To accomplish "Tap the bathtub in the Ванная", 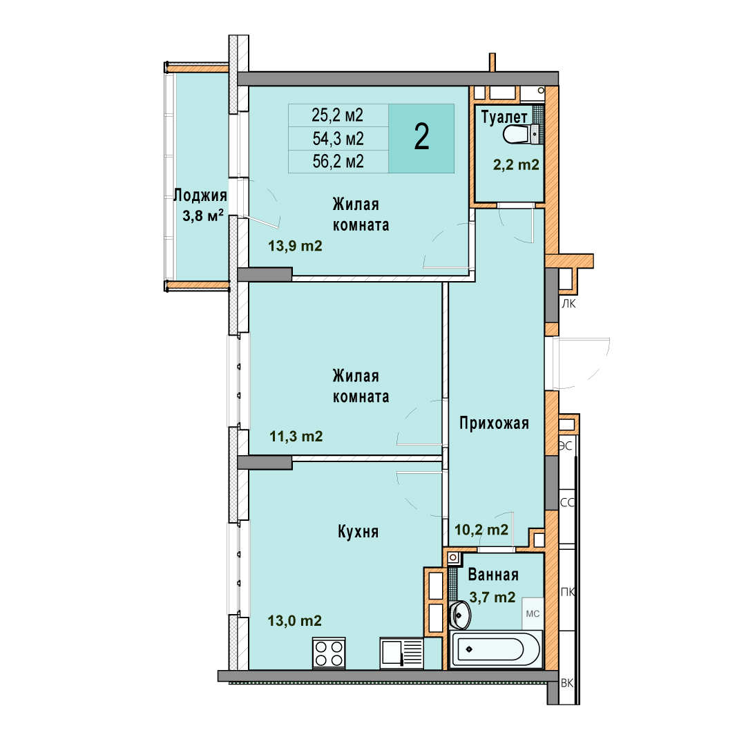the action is (x=495, y=649).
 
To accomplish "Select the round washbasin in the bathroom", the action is (x=459, y=615).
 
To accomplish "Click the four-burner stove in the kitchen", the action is (x=329, y=653).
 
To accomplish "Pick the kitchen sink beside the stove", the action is (x=401, y=653).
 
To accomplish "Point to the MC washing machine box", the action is (x=533, y=614).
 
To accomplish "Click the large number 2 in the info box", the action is (x=421, y=137).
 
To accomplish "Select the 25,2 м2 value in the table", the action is (x=337, y=115).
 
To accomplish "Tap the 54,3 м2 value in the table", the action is (x=338, y=138).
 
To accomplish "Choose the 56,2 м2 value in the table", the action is (x=338, y=161).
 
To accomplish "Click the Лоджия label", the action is (x=200, y=195).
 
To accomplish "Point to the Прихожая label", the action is (x=494, y=423).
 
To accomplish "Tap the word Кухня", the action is (x=358, y=531).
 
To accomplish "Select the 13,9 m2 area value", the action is (x=295, y=245).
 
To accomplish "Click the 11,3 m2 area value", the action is (x=296, y=436).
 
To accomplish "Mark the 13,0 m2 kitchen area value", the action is (x=294, y=620).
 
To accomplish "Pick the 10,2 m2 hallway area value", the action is (x=481, y=530).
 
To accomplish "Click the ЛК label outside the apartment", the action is (x=568, y=303).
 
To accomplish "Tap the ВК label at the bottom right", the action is (x=567, y=682).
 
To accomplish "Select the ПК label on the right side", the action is (x=568, y=592).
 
